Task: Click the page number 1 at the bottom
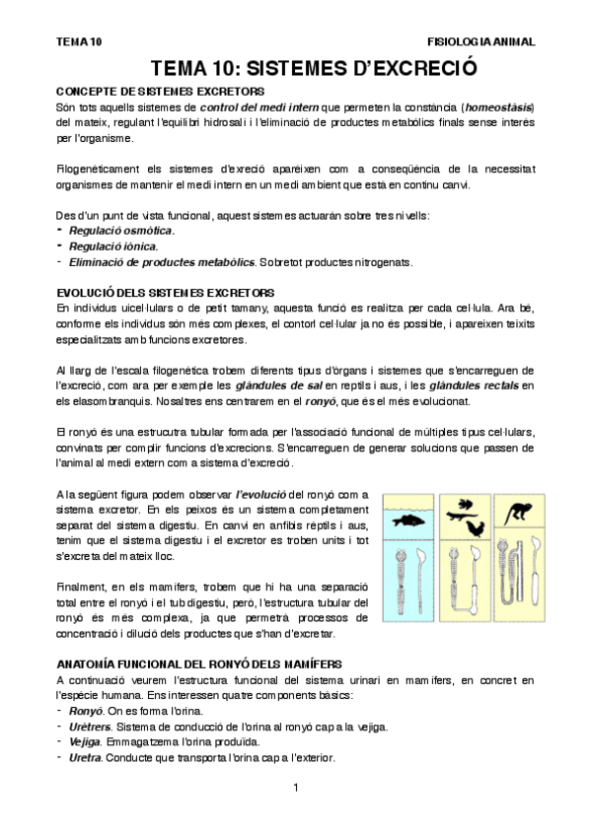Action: (x=295, y=787)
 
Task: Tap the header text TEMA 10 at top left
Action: (x=79, y=42)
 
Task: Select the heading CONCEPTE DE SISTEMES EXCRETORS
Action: (x=159, y=91)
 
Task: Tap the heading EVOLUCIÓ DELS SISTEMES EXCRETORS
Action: (x=166, y=293)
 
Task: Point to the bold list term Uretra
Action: (x=87, y=758)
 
